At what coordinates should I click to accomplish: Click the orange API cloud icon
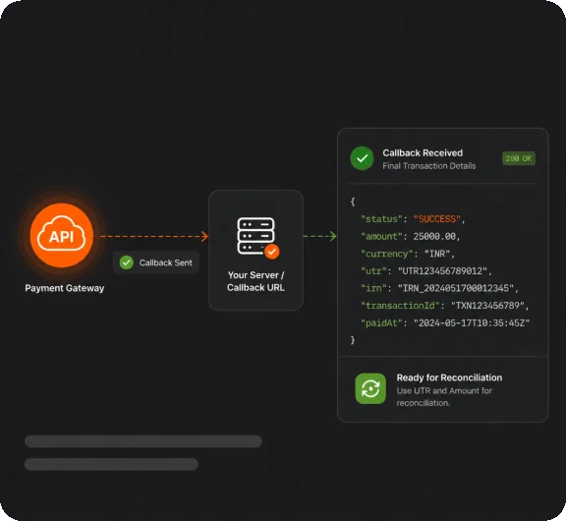pyautogui.click(x=61, y=236)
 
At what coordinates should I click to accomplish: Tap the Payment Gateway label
pyautogui.click(x=65, y=288)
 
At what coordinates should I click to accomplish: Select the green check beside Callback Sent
pyautogui.click(x=127, y=262)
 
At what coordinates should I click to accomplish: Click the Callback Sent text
pyautogui.click(x=166, y=262)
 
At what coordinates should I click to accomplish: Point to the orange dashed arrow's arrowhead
pyautogui.click(x=205, y=237)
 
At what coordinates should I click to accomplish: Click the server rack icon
pyautogui.click(x=255, y=236)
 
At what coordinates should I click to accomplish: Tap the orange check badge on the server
pyautogui.click(x=272, y=252)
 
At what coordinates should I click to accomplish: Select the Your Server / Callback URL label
pyautogui.click(x=255, y=281)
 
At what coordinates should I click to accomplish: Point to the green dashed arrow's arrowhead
pyautogui.click(x=333, y=237)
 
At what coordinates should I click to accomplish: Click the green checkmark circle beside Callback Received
pyautogui.click(x=362, y=158)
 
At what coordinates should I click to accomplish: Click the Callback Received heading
pyautogui.click(x=423, y=153)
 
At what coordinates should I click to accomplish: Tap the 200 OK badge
pyautogui.click(x=519, y=158)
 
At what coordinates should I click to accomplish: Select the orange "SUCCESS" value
pyautogui.click(x=436, y=219)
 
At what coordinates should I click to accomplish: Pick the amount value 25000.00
pyautogui.click(x=434, y=237)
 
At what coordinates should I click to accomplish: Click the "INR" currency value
pyautogui.click(x=437, y=254)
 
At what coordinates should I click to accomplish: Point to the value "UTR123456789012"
pyautogui.click(x=443, y=271)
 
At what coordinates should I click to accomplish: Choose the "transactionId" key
pyautogui.click(x=400, y=306)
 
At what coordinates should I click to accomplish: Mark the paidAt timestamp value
pyautogui.click(x=472, y=323)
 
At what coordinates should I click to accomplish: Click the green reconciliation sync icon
pyautogui.click(x=370, y=388)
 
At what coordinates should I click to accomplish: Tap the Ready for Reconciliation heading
pyautogui.click(x=449, y=377)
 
